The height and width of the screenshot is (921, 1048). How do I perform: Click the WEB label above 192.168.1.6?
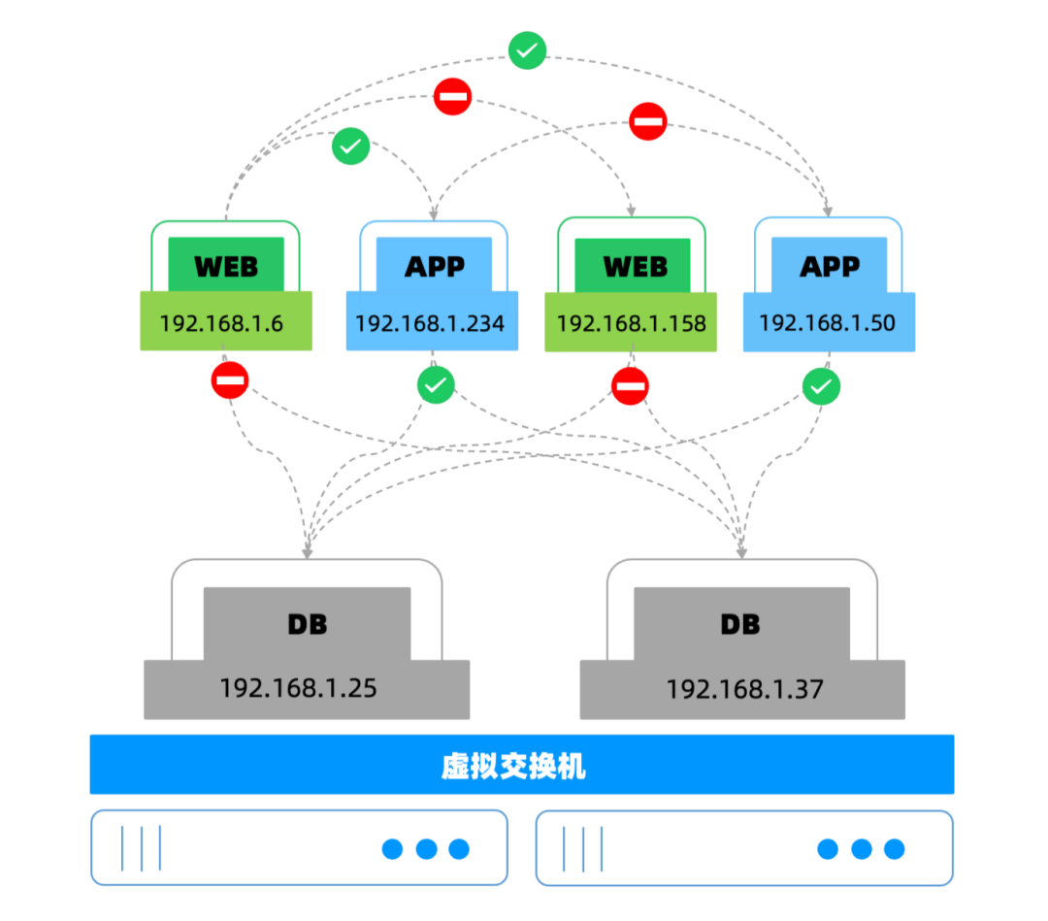pos(226,265)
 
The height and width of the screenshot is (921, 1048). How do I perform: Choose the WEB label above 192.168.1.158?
pos(636,266)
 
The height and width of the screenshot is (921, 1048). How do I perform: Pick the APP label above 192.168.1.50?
pos(830,265)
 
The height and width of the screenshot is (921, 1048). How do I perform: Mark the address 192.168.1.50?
pos(826,322)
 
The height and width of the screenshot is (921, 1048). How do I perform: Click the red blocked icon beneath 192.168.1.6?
pos(230,380)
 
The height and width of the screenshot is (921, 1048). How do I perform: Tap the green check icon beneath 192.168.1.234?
pos(437,385)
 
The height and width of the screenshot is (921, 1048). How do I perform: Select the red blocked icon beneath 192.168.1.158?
pos(631,385)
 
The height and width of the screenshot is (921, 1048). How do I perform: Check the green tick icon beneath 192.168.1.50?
pos(822,386)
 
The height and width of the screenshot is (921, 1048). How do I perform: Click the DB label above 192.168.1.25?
pos(308,624)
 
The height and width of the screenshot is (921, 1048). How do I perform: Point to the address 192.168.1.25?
pos(298,688)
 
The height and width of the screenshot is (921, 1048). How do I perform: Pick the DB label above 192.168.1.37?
pos(740,624)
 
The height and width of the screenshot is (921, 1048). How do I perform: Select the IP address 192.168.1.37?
pos(744,689)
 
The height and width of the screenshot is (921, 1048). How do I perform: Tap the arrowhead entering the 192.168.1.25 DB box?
pos(308,551)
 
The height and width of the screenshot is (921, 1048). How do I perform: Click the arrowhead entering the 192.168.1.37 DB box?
pos(741,551)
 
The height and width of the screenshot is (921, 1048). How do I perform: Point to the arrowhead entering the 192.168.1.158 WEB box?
pos(632,210)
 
